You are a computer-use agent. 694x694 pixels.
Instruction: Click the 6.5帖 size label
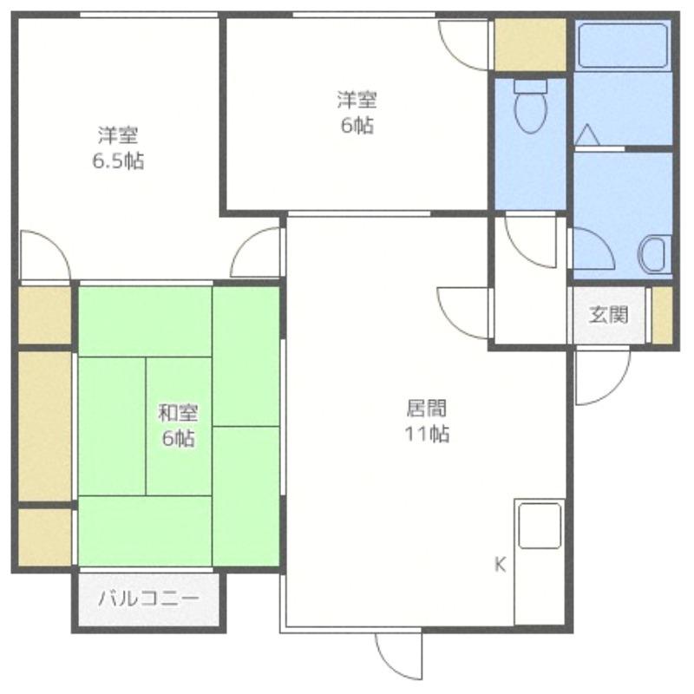(118, 161)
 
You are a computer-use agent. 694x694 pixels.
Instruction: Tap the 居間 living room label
(427, 408)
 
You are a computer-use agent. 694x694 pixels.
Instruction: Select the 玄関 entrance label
(609, 315)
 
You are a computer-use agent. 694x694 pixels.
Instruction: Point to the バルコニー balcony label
(148, 599)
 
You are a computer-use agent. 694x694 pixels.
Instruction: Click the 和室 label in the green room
(179, 414)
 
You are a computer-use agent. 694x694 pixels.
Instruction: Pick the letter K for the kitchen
(501, 565)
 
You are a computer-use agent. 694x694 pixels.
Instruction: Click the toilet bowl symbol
(531, 106)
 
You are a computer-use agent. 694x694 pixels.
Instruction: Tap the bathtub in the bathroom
(623, 46)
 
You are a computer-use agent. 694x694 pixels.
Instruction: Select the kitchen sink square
(540, 526)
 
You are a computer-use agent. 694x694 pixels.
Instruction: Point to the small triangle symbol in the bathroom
(587, 134)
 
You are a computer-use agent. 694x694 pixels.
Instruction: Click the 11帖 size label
(427, 435)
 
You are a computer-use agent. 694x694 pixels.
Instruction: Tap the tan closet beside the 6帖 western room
(530, 44)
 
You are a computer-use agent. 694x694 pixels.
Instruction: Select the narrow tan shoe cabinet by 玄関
(662, 315)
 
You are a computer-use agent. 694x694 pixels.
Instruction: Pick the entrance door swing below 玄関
(603, 376)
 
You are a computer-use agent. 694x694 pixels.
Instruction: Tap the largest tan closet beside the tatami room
(45, 426)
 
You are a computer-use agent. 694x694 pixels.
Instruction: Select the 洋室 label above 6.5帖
(118, 135)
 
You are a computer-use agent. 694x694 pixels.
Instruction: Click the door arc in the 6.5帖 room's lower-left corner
(45, 255)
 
